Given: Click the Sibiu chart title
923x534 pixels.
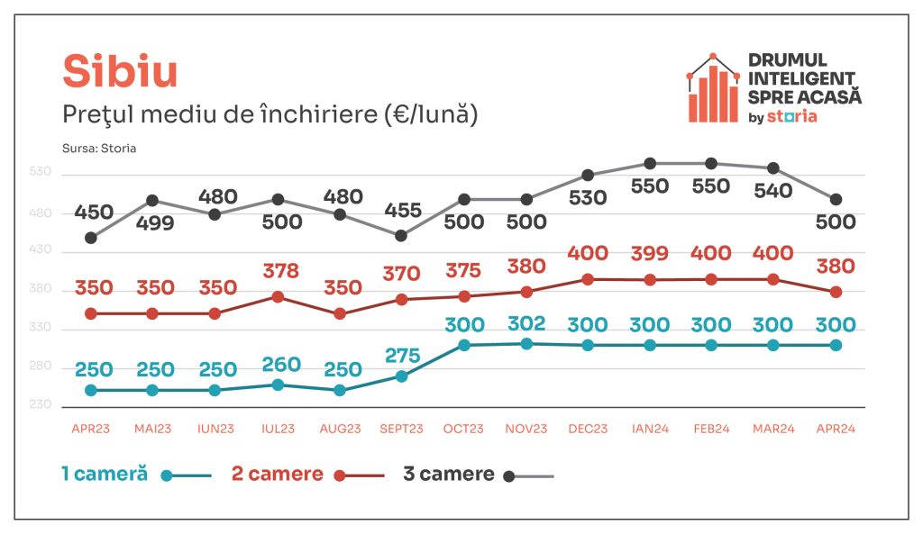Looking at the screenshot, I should pyautogui.click(x=120, y=72).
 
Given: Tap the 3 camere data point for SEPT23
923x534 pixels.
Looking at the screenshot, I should pyautogui.click(x=401, y=236).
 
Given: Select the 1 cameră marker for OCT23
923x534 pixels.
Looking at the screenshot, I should pyautogui.click(x=463, y=345).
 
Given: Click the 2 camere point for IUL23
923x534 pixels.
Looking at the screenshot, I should pyautogui.click(x=278, y=296).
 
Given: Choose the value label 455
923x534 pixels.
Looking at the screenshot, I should pyautogui.click(x=402, y=211).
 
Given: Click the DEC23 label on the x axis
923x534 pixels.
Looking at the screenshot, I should pyautogui.click(x=588, y=429).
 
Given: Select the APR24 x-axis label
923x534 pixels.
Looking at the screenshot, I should pyautogui.click(x=836, y=429).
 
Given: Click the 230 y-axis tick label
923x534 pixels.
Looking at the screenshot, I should pyautogui.click(x=40, y=405).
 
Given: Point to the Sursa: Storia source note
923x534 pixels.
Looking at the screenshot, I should pyautogui.click(x=99, y=149).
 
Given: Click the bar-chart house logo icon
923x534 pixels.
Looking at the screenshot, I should pyautogui.click(x=713, y=88).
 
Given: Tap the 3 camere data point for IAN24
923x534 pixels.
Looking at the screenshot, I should pyautogui.click(x=649, y=164).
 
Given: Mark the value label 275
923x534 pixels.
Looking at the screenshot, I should pyautogui.click(x=402, y=355).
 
